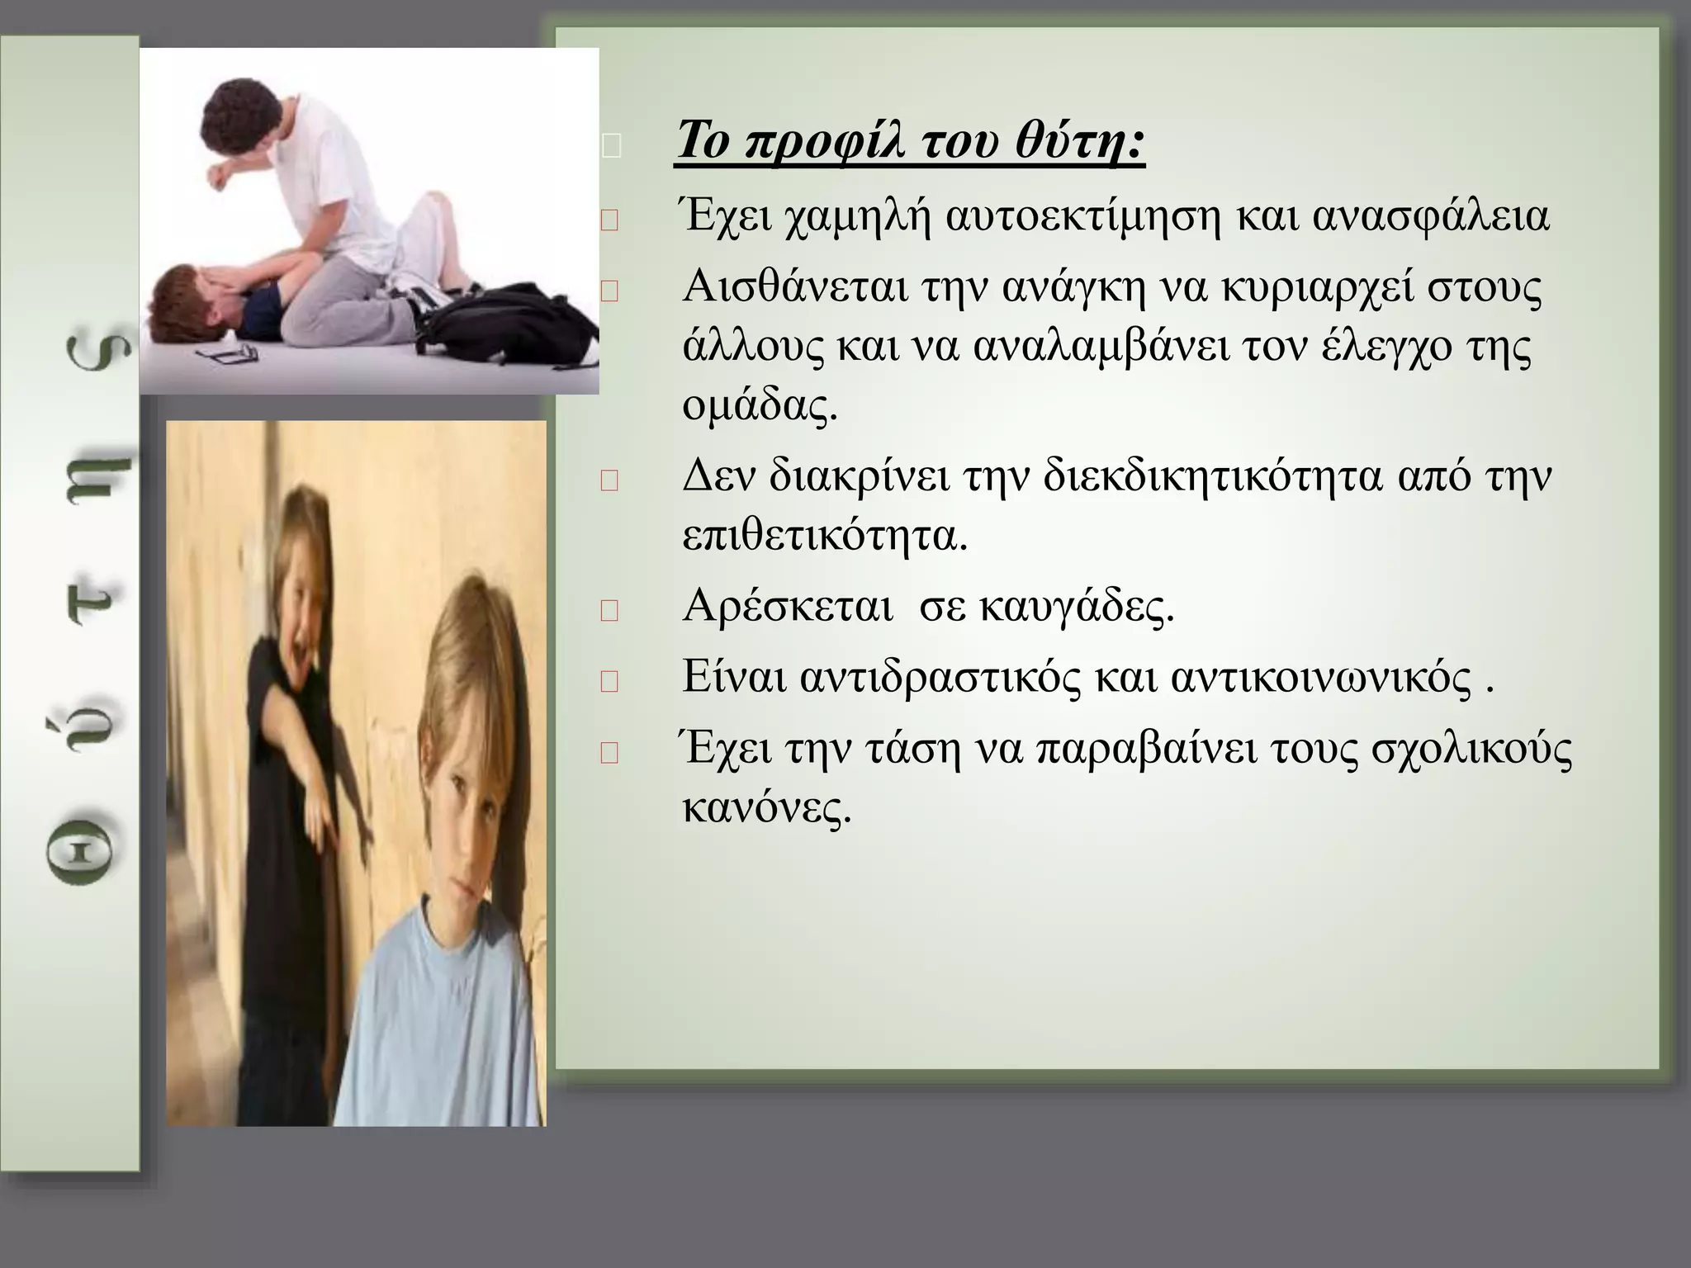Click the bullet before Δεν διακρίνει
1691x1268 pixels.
pyautogui.click(x=610, y=481)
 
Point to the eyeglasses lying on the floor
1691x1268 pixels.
pyautogui.click(x=227, y=353)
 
